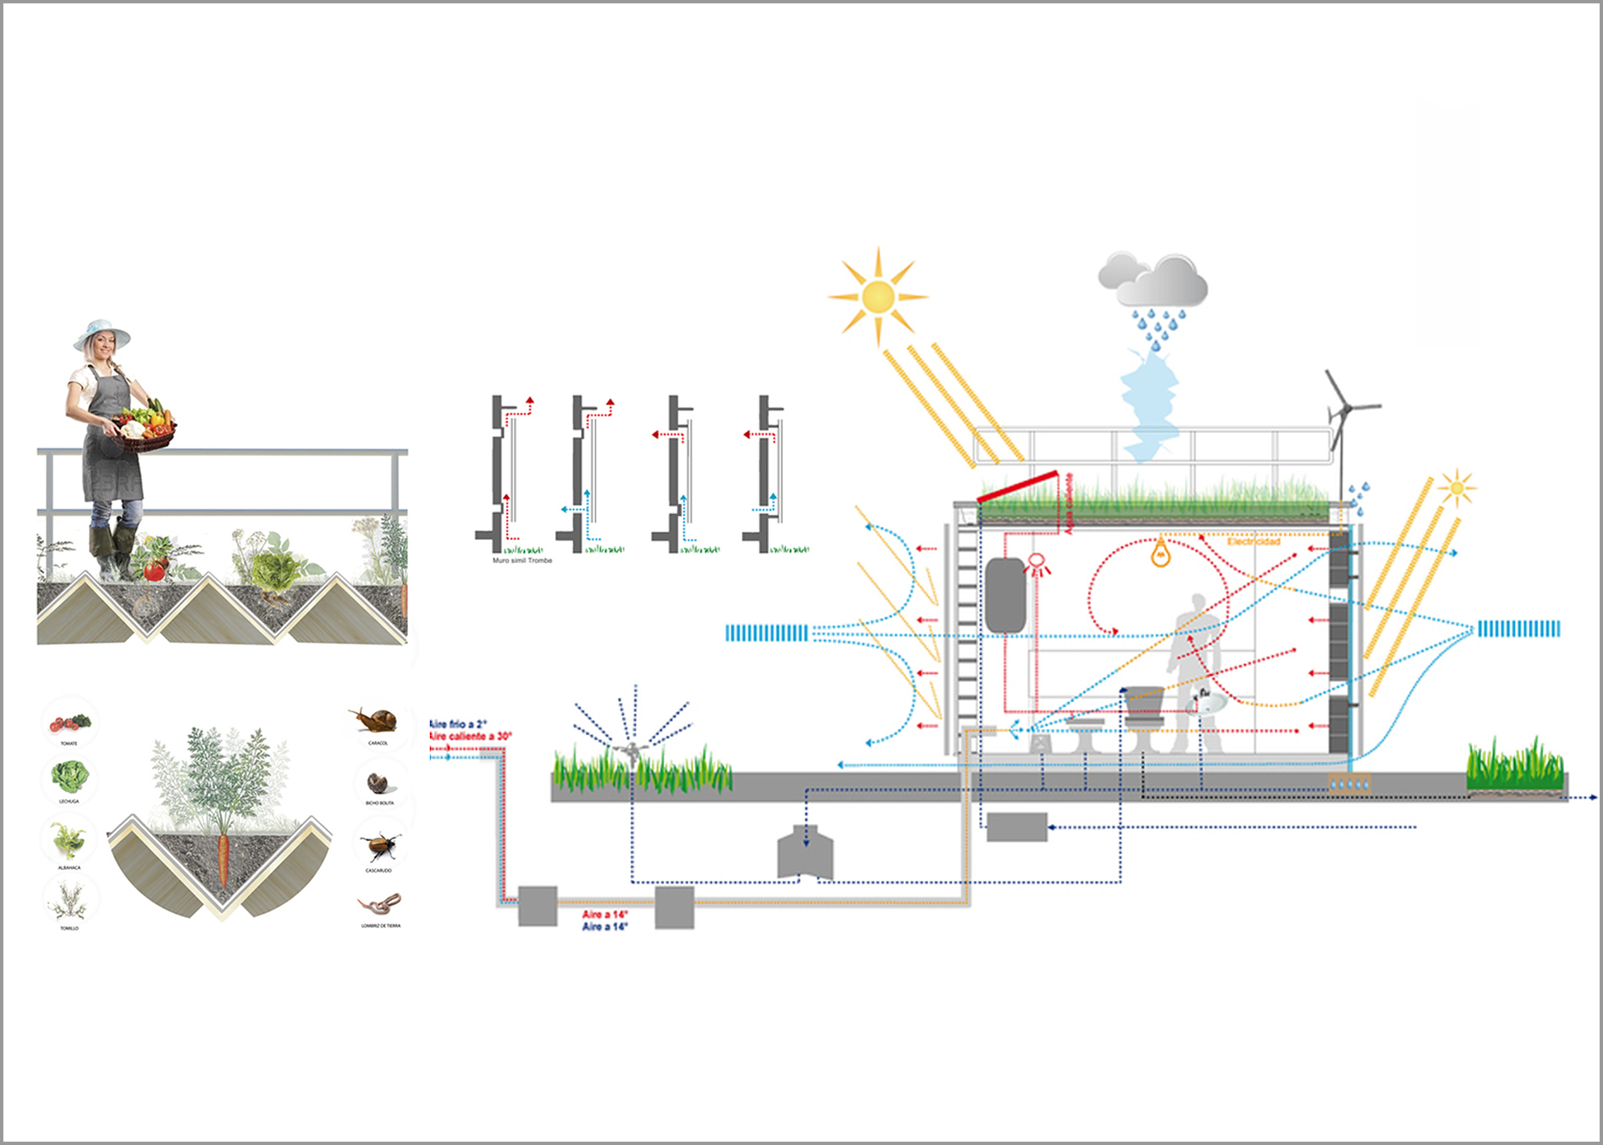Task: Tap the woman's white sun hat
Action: click(x=102, y=334)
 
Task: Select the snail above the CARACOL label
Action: click(x=377, y=719)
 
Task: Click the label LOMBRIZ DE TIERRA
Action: click(x=381, y=926)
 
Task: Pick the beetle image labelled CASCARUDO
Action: click(x=379, y=847)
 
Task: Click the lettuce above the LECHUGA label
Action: click(x=69, y=777)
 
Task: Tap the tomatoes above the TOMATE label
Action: click(x=69, y=722)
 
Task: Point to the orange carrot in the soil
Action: click(x=224, y=858)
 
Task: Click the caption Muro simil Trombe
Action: click(x=522, y=560)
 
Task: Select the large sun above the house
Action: click(x=878, y=297)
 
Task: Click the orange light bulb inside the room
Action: click(x=1160, y=553)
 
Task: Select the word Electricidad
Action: click(x=1253, y=541)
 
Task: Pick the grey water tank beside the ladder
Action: click(x=1005, y=595)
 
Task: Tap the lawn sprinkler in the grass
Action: click(x=631, y=751)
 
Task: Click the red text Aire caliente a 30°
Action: click(x=470, y=736)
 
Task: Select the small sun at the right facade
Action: click(x=1456, y=488)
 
